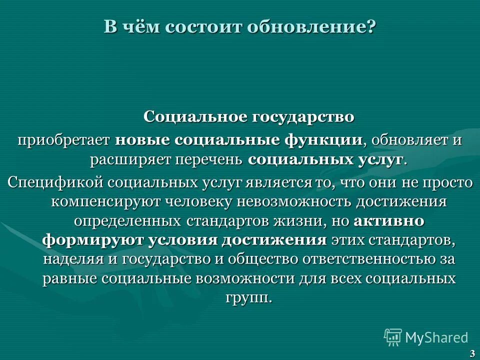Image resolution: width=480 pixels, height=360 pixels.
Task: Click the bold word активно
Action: click(389, 220)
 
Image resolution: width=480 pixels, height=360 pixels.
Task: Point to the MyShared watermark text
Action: click(436, 337)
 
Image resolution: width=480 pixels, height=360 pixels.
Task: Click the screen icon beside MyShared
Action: click(393, 337)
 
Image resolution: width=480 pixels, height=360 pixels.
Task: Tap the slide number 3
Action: click(472, 354)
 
